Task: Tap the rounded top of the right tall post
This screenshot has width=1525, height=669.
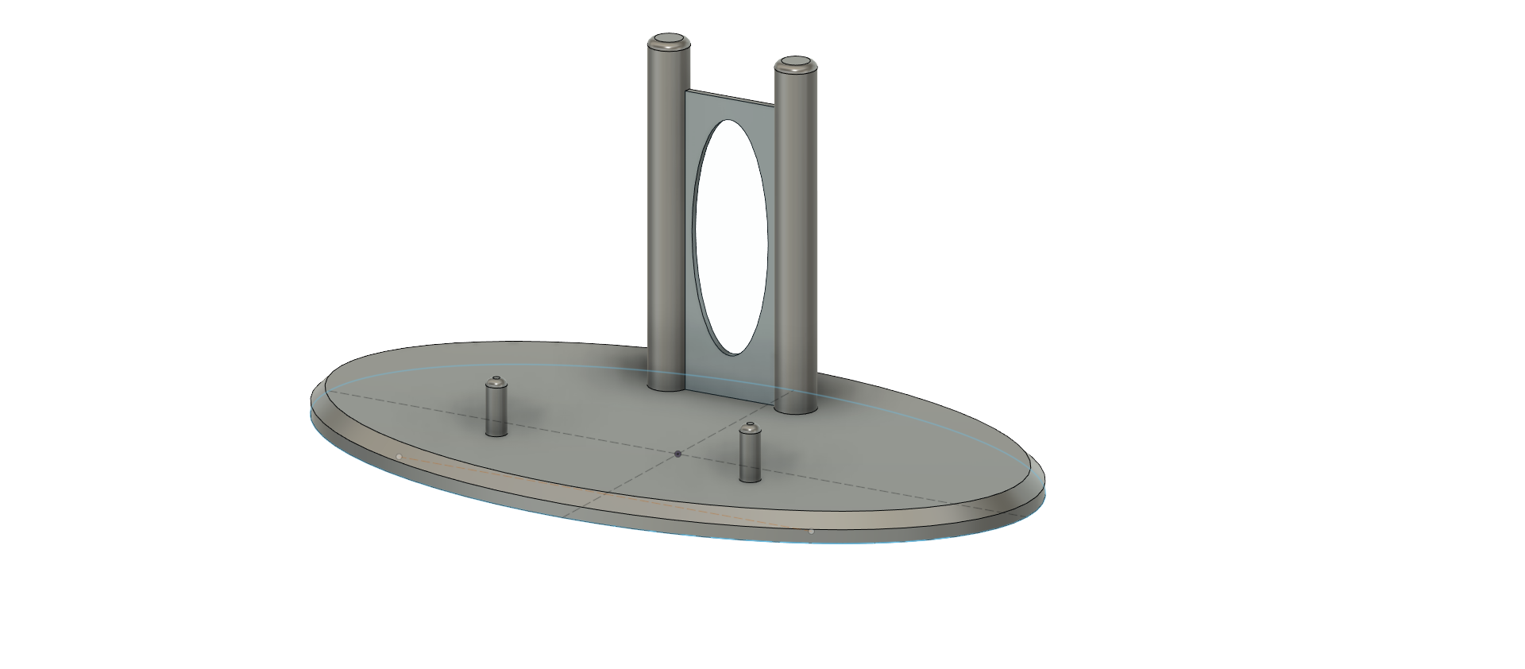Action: point(795,63)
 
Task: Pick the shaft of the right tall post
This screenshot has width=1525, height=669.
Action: point(796,238)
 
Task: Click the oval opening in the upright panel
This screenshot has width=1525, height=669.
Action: point(731,236)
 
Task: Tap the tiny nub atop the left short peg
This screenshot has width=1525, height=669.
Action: point(497,378)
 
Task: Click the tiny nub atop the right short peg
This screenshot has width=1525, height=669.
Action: point(749,424)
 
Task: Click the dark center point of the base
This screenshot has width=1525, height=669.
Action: point(678,454)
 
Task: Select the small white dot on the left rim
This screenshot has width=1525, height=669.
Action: point(399,456)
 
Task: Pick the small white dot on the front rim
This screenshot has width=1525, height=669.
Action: point(811,531)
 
